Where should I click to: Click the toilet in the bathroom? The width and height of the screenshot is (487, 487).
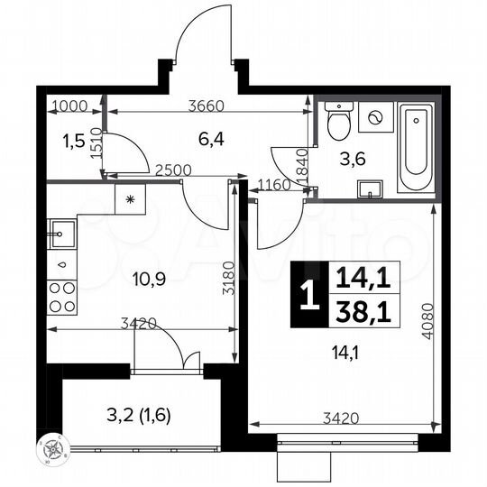(339, 122)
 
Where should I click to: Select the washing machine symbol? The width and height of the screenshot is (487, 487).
(376, 117)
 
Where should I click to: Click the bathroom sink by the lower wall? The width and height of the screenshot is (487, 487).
(370, 188)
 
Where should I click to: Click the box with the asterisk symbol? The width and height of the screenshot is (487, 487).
(130, 199)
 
